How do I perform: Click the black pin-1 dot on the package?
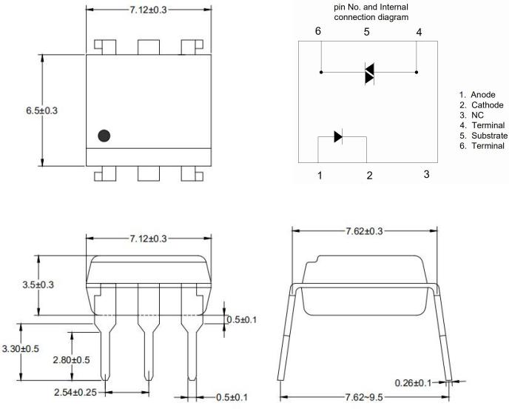pyautogui.click(x=104, y=136)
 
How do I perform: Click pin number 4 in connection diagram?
pyautogui.click(x=419, y=32)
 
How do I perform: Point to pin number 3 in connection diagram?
pyautogui.click(x=426, y=174)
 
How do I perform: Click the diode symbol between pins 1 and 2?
pyautogui.click(x=338, y=136)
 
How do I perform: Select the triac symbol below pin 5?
pyautogui.click(x=369, y=73)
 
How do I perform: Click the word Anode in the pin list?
pyautogui.click(x=485, y=95)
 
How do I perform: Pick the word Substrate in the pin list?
pyautogui.click(x=490, y=136)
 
